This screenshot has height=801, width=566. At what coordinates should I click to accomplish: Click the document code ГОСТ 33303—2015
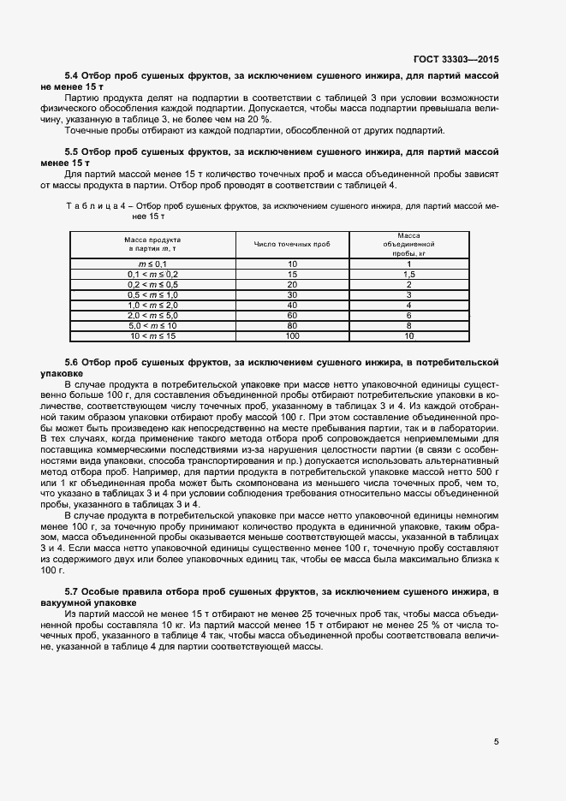coord(456,61)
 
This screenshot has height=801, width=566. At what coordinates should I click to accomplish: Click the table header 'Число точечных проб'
coord(292,244)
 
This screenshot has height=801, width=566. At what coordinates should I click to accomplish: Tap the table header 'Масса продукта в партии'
coord(153,244)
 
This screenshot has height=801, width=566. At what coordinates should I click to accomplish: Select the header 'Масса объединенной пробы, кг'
coord(410,244)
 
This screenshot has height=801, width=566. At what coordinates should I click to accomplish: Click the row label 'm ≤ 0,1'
coord(153,264)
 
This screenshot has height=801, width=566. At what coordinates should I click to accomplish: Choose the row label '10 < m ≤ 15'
coord(153,336)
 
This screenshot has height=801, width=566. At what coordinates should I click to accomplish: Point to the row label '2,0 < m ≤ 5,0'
coord(153,316)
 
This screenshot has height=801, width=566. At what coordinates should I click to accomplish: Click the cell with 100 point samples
coord(292,336)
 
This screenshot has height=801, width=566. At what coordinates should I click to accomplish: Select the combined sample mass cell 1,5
coord(410,275)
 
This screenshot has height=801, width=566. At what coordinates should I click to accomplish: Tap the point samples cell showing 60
coord(292,316)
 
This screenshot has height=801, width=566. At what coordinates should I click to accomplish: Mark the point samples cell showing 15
coord(292,275)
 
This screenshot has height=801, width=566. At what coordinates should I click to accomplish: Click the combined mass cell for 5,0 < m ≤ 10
coord(410,326)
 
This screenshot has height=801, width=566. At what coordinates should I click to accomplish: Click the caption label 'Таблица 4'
coord(95,205)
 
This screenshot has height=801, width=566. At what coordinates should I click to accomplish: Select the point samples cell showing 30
coord(292,295)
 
